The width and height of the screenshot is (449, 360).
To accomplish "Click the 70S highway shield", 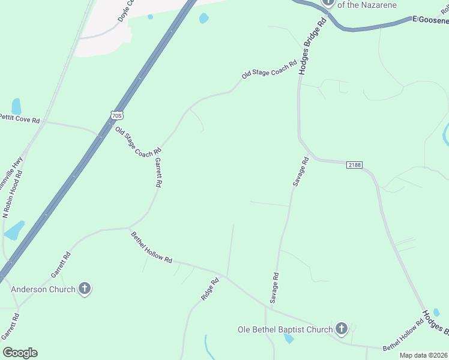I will pyautogui.click(x=117, y=115).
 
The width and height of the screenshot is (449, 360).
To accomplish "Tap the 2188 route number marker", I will pyautogui.click(x=354, y=165).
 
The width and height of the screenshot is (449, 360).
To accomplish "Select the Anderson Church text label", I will pyautogui.click(x=44, y=289).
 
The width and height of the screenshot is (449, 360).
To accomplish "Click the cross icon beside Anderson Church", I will pyautogui.click(x=85, y=289).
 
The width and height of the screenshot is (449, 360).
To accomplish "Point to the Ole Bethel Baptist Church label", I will pyautogui.click(x=285, y=329).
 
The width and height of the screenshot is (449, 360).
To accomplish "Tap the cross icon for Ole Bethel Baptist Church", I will pyautogui.click(x=342, y=328).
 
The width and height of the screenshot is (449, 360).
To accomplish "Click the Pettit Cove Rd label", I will pyautogui.click(x=19, y=118).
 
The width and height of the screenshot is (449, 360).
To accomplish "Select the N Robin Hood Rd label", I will pyautogui.click(x=13, y=193).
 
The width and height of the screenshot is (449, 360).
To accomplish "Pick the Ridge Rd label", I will pyautogui.click(x=210, y=289).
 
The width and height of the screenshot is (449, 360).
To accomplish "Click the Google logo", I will pyautogui.click(x=20, y=353).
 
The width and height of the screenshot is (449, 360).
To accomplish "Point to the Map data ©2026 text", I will pyautogui.click(x=423, y=355).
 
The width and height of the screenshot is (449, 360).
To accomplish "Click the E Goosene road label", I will pyautogui.click(x=430, y=20).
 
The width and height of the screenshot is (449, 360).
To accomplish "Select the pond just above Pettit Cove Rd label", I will pyautogui.click(x=16, y=106).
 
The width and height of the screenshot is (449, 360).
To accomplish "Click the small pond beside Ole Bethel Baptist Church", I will pyautogui.click(x=289, y=339).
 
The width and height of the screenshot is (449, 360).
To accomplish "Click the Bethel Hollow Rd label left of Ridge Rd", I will pyautogui.click(x=152, y=248).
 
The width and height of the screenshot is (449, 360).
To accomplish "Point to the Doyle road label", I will pyautogui.click(x=125, y=11).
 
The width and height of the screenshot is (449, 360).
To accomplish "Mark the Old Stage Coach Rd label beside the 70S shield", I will pyautogui.click(x=138, y=143).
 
